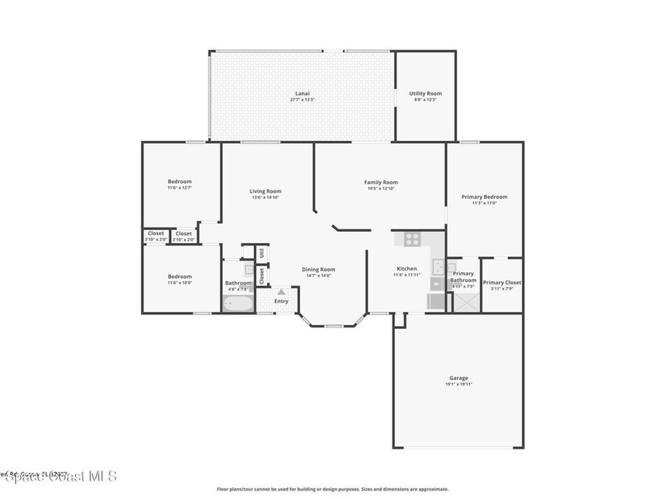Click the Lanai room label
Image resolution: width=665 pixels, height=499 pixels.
click(299, 94)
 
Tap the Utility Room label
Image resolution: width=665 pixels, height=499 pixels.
click(425, 94)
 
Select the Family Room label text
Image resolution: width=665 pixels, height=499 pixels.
click(381, 183)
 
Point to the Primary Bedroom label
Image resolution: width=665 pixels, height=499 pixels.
click(484, 197)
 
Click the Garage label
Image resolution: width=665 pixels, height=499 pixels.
click(458, 378)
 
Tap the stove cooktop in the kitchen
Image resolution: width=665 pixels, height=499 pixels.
click(412, 239)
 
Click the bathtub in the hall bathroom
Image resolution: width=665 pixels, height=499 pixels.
click(238, 303)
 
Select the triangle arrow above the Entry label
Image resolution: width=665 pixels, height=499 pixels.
click(281, 292)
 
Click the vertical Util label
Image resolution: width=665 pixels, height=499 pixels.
click(262, 252)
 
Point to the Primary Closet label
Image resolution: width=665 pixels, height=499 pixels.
click(502, 283)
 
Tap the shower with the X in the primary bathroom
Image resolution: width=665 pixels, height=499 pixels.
click(466, 302)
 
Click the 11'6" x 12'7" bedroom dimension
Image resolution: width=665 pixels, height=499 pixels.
click(180, 188)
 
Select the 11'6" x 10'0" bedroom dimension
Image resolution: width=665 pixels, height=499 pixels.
click(180, 283)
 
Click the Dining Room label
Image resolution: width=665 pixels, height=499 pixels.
click(318, 270)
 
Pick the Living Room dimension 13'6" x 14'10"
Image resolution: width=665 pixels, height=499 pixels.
click(266, 198)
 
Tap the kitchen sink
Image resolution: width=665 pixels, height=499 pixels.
click(439, 267)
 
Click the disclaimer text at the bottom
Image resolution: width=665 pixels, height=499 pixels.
click(332, 489)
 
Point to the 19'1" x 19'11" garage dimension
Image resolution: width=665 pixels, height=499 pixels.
click(458, 385)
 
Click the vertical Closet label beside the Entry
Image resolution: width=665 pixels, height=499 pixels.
click(262, 276)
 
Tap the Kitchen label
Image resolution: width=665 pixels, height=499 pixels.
click(407, 268)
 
